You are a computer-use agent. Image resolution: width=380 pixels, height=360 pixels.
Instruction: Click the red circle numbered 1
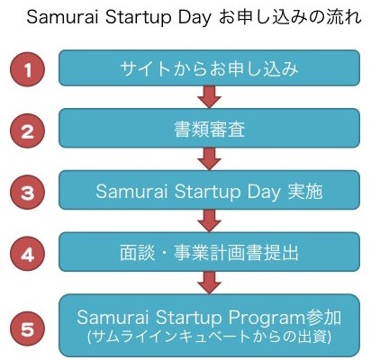point(28,69)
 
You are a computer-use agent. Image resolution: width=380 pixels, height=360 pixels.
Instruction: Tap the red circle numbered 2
point(28,131)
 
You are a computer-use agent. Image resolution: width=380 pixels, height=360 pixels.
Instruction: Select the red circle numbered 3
point(28,192)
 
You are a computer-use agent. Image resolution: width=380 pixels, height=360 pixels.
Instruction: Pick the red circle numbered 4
point(28,255)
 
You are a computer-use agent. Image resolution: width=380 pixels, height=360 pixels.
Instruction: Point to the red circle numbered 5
point(28,329)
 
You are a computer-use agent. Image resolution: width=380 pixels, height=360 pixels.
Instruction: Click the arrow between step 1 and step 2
point(210,96)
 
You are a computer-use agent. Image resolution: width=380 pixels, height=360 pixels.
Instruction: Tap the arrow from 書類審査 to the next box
point(210,159)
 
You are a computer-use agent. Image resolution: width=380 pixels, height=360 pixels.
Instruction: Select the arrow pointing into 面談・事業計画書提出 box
point(210,220)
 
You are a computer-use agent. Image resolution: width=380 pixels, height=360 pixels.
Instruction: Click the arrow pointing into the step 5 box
point(210,283)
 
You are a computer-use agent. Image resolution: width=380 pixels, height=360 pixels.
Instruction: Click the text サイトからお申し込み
point(209,68)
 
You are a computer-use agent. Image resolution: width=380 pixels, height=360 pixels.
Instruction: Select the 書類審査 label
point(209,130)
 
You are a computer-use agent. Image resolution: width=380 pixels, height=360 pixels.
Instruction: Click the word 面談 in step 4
point(138,253)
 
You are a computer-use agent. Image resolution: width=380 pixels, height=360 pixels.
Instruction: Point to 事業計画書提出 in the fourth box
point(236,253)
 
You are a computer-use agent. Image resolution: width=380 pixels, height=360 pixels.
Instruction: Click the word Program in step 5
point(267,318)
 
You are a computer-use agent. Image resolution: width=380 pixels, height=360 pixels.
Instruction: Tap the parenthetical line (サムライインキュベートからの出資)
point(209,337)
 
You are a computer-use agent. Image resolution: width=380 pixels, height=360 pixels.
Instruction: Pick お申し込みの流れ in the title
point(290,17)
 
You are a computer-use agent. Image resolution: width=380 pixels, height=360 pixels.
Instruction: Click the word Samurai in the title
point(63,17)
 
